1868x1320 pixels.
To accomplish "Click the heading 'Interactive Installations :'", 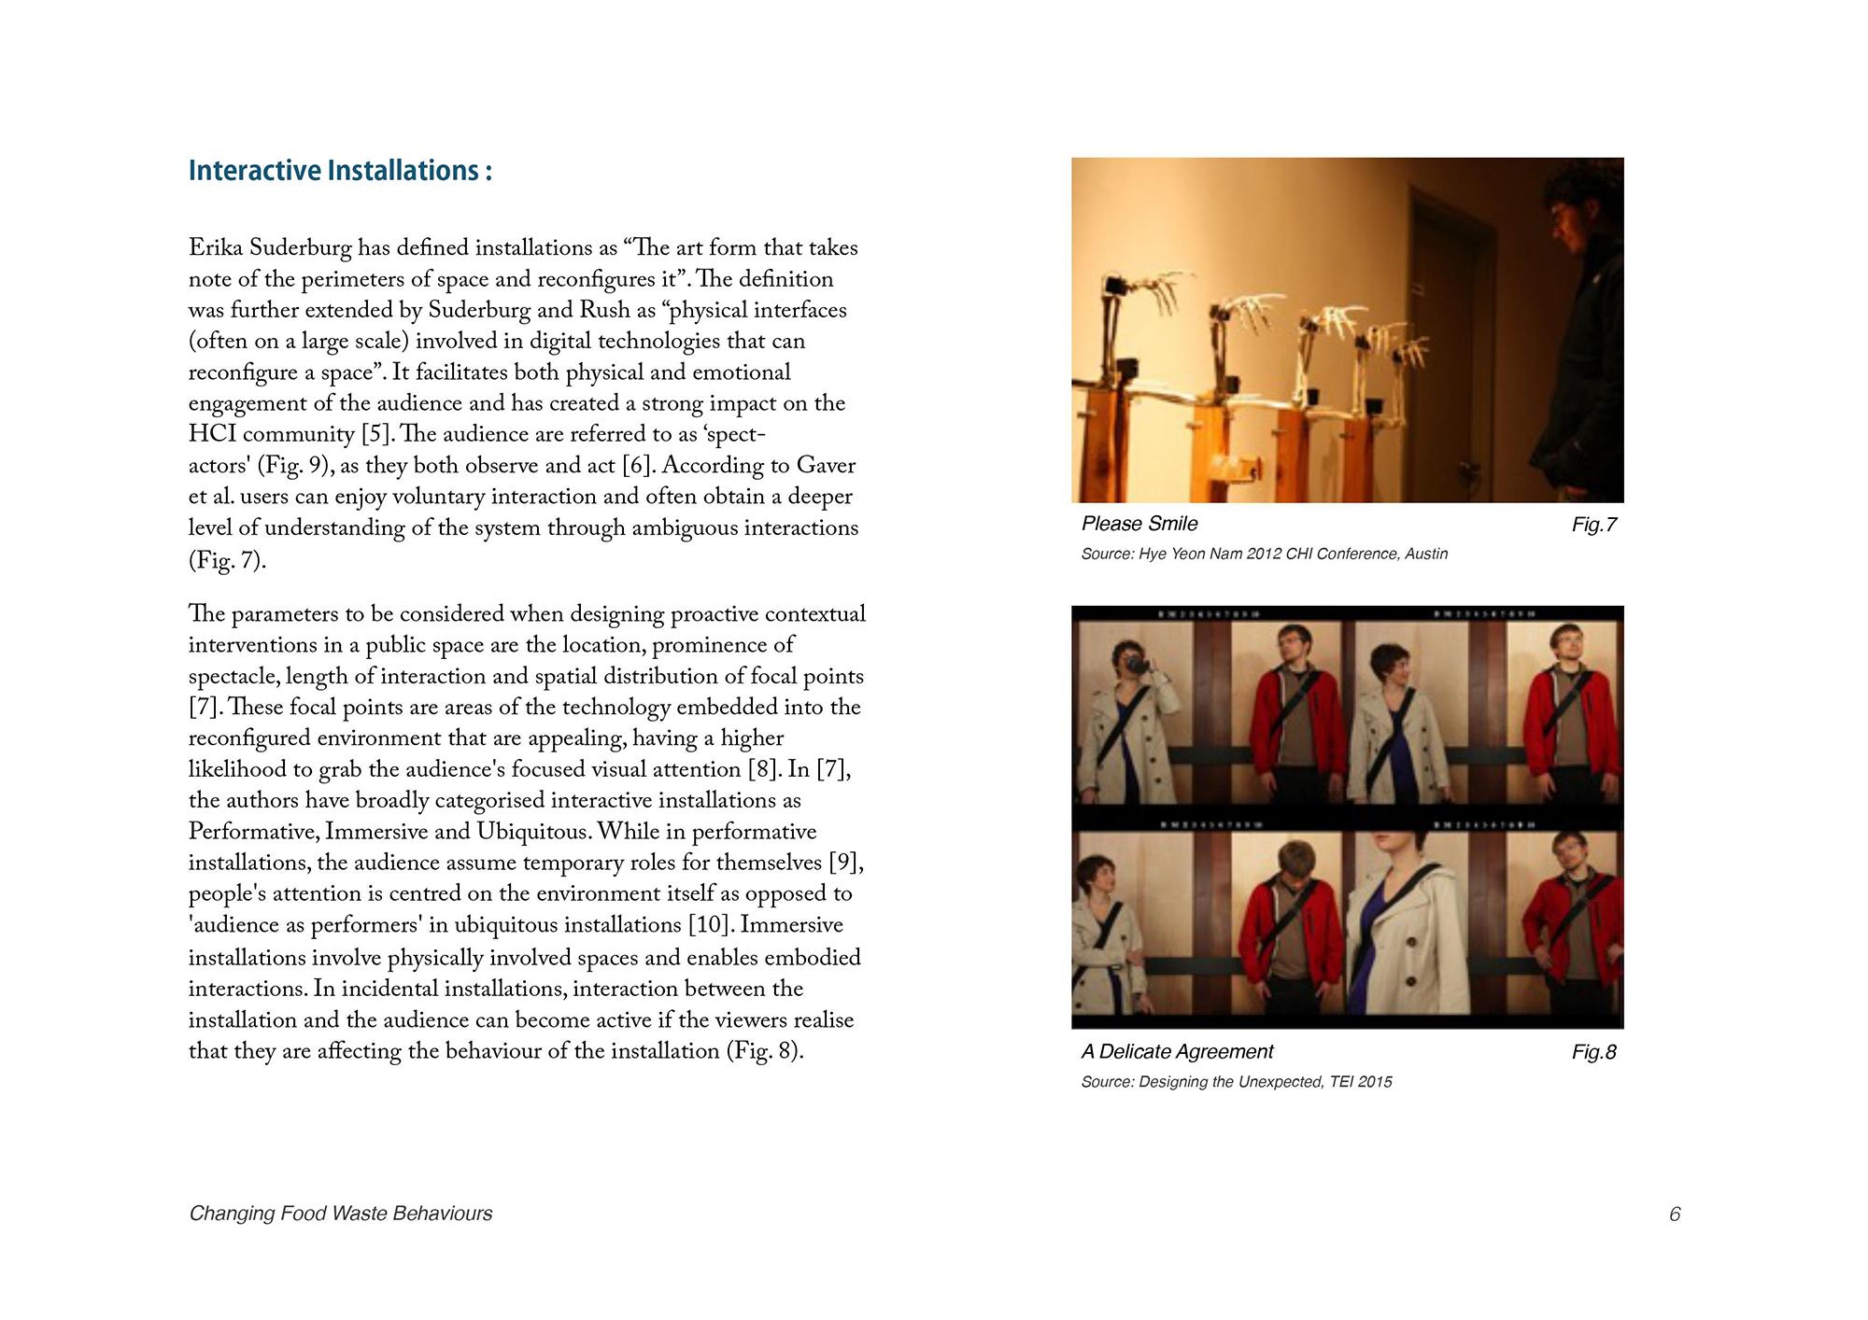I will [340, 171].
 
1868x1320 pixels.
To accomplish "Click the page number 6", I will [1675, 1214].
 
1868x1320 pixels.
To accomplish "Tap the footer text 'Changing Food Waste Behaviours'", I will [340, 1214].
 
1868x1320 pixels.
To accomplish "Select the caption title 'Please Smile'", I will [1139, 524].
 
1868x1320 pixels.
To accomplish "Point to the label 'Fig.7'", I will [1593, 525].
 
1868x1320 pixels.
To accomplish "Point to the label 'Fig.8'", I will [1593, 1052].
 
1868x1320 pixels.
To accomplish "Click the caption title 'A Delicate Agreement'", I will [1177, 1052].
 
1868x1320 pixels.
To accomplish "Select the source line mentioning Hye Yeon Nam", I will [1264, 554].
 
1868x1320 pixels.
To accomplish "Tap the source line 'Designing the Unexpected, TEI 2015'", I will [1236, 1082].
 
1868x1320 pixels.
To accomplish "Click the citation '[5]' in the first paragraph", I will [375, 435].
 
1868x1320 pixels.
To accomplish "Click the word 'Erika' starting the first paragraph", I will [216, 248].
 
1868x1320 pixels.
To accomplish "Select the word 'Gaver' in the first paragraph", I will [826, 466].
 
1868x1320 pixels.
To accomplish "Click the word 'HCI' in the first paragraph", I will [212, 435].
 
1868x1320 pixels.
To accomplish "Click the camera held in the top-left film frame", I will [1136, 664].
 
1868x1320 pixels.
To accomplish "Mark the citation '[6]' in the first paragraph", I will [635, 466].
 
